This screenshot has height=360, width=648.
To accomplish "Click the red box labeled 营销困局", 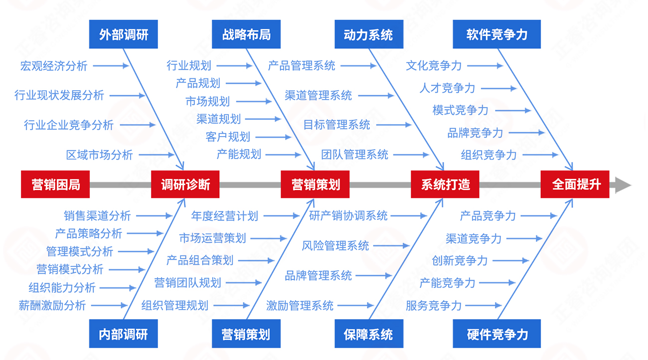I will point(55,184).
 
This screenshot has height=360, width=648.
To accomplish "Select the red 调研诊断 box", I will point(185,184).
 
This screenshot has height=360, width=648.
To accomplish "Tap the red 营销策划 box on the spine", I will point(315,184).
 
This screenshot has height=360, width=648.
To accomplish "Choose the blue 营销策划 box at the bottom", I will point(246,334).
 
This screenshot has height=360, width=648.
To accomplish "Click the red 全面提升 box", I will point(575,184).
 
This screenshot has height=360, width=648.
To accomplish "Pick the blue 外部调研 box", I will point(123,34).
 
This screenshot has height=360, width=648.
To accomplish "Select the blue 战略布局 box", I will point(246,34).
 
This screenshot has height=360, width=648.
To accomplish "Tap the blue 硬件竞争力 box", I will point(496,334).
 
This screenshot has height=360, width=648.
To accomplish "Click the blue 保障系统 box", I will point(368,334).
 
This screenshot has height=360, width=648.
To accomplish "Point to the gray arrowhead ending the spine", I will point(623,184).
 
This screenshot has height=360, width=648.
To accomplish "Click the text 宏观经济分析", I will point(54,66).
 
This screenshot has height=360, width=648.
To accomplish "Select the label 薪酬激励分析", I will point(52,305).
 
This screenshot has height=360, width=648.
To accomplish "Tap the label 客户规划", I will point(228,137).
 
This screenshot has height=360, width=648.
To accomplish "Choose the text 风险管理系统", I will point(335,246).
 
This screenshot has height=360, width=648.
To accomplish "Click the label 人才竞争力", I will point(447,88).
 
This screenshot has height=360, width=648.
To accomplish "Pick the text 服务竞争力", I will point(434,305).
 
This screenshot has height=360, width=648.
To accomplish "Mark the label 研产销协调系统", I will point(348,216).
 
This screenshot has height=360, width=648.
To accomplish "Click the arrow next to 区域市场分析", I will point(157,155).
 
